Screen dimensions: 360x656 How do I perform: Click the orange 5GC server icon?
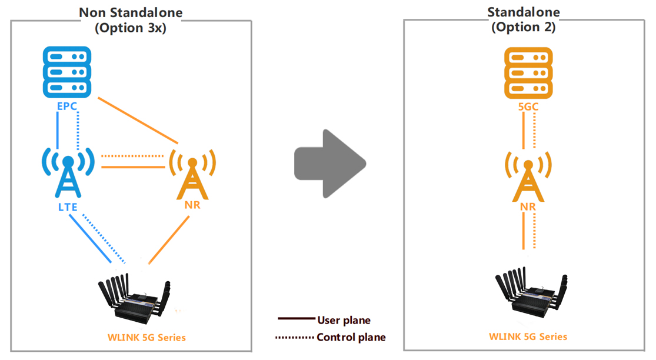528,73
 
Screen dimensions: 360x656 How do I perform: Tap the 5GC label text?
528,108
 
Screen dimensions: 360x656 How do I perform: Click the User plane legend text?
344,321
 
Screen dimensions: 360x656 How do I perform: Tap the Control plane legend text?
351,338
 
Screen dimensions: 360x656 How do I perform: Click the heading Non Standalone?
131,12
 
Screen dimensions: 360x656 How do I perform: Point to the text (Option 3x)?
131,28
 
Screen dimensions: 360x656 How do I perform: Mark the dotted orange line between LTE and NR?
132,156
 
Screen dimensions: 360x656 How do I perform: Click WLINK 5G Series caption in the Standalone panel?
528,336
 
